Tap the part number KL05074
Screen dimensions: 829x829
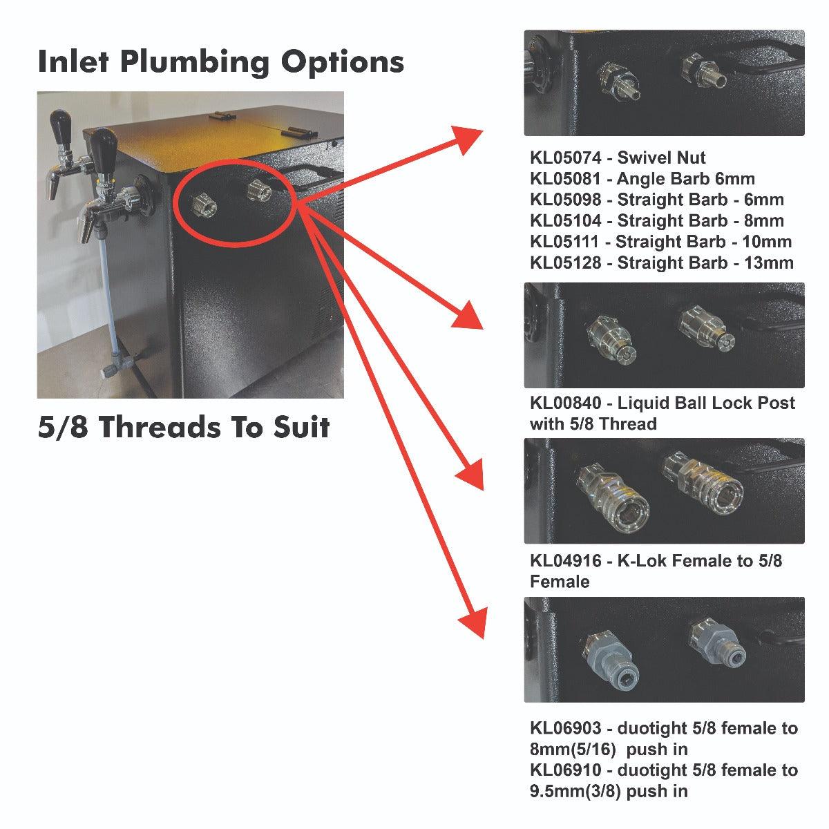coord(565,158)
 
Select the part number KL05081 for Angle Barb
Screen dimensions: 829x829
coord(565,179)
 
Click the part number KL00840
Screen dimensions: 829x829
coord(565,403)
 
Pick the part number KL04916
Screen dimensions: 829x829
coord(565,561)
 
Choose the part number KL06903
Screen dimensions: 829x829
coord(565,728)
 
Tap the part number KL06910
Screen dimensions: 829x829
coord(565,770)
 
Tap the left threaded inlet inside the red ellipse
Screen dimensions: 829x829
coord(204,206)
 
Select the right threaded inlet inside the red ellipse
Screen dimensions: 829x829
coord(260,191)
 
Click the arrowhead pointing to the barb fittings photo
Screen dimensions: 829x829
coord(466,139)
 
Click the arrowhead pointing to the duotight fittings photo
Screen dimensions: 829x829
coord(473,622)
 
